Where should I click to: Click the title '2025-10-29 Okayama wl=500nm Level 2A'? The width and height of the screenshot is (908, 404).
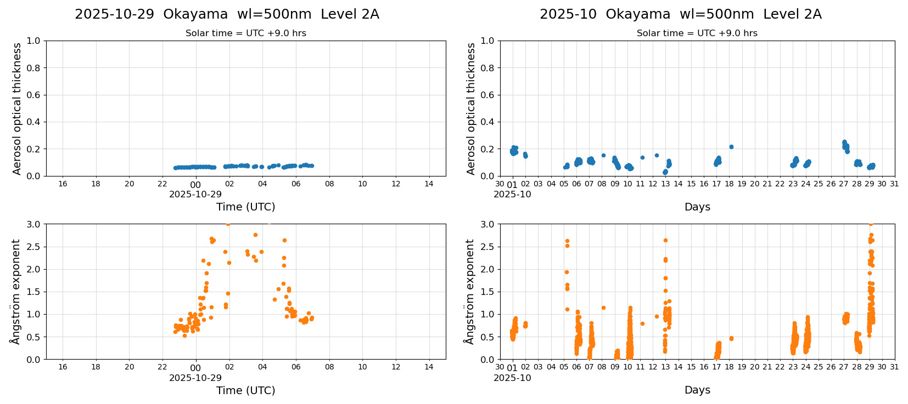227,14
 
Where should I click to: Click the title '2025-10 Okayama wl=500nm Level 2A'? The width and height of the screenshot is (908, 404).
680,14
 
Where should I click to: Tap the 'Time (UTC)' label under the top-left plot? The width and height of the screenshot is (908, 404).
245,207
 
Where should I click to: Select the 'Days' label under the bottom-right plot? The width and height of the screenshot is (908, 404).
697,390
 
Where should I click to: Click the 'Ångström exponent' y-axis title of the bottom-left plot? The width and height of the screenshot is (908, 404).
15,291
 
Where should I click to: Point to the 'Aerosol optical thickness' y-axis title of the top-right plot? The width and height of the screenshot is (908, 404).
471,109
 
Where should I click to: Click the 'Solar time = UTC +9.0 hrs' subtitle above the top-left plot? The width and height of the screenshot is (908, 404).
245,33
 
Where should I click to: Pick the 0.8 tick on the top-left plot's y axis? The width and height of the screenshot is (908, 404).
33,68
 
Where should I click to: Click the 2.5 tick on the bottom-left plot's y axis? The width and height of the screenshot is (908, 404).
33,247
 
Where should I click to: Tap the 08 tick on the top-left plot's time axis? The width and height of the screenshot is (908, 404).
329,184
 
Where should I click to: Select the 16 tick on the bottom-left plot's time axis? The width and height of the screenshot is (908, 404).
63,367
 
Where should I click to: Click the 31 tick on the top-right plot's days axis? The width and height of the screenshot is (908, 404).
894,184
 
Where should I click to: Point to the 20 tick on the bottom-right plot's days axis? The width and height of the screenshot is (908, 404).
754,367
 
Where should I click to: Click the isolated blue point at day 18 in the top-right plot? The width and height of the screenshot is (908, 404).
731,147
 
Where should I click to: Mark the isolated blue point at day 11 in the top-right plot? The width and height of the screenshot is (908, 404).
642,157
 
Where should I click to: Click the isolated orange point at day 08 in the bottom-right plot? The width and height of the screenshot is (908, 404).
603,308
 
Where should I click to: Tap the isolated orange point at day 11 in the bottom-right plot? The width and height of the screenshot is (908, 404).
642,323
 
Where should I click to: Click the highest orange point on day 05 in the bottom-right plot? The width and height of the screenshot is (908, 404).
567,241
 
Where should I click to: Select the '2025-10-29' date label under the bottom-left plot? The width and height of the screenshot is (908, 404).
195,378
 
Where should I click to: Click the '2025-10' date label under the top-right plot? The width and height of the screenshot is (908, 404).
512,194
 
